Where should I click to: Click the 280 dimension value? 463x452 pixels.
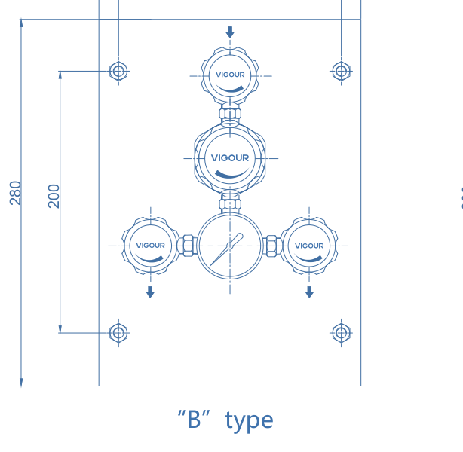point(15,193)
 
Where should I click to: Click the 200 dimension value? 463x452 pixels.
point(54,196)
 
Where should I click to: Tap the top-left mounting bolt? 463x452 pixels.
point(118,71)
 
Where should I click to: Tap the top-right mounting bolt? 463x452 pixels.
point(341,71)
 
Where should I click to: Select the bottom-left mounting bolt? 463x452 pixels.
point(118,333)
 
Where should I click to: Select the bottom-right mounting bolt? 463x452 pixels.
point(341,333)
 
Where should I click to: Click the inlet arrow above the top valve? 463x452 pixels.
point(230,32)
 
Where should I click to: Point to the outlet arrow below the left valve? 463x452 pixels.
point(150,292)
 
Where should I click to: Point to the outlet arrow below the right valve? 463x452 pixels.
point(309,292)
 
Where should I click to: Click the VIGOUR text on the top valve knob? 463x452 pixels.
point(230,75)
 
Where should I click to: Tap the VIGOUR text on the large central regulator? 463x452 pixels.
point(230,158)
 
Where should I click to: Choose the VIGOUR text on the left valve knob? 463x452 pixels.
point(150,245)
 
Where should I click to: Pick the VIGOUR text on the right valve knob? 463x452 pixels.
point(309,246)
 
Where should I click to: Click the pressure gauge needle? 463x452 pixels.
point(226,249)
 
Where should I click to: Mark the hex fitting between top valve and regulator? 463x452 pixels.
point(230,114)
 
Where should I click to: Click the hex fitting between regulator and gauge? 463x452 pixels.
point(230,204)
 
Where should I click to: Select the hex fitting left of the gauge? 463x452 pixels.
point(188,246)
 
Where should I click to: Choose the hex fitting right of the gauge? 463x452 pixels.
point(271,246)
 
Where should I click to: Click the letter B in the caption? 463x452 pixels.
point(194,420)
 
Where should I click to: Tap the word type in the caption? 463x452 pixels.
point(249,421)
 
